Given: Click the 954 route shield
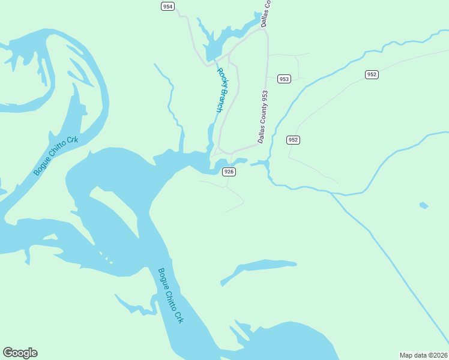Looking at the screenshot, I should pos(167,6).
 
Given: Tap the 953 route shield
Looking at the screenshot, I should pos(284,79).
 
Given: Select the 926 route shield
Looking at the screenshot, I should pos(229,172).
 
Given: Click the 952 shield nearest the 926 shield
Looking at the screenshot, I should pos(292,140).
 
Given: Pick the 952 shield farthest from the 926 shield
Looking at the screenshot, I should pos(372,74).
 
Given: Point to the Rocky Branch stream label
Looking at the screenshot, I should pos(221,91).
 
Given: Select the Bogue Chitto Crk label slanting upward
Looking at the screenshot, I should pos(56,155).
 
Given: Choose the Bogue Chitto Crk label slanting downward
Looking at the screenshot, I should pos(170,296).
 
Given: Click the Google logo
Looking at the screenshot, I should pos(20,353).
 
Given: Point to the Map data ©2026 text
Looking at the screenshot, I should pos(424,355).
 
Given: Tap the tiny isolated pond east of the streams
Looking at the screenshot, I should pos(424,206).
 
